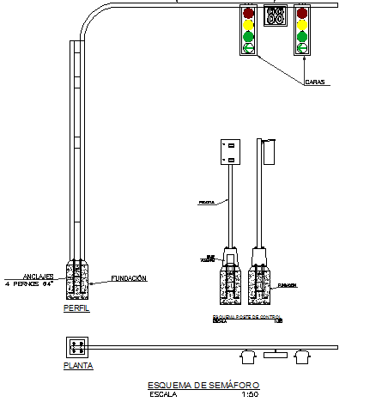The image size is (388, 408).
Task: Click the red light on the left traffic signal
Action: click(x=249, y=14)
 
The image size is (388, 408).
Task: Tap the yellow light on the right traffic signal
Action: click(x=301, y=25)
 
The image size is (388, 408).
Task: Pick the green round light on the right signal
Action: click(x=301, y=37)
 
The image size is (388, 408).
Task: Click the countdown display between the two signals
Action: click(x=276, y=15)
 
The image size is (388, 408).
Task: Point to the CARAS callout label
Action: click(x=315, y=82)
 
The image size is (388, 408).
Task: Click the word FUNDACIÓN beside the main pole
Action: click(x=129, y=278)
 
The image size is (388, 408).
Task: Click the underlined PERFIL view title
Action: click(x=76, y=308)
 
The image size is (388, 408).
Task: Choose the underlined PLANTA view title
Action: click(x=78, y=365)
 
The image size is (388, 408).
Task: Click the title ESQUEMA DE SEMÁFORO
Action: click(x=203, y=384)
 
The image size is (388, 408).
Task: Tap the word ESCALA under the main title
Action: click(x=163, y=395)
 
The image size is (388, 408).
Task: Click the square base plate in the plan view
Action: click(x=78, y=347)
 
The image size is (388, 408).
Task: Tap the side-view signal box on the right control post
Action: click(x=269, y=151)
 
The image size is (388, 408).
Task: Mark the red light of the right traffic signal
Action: click(x=301, y=14)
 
